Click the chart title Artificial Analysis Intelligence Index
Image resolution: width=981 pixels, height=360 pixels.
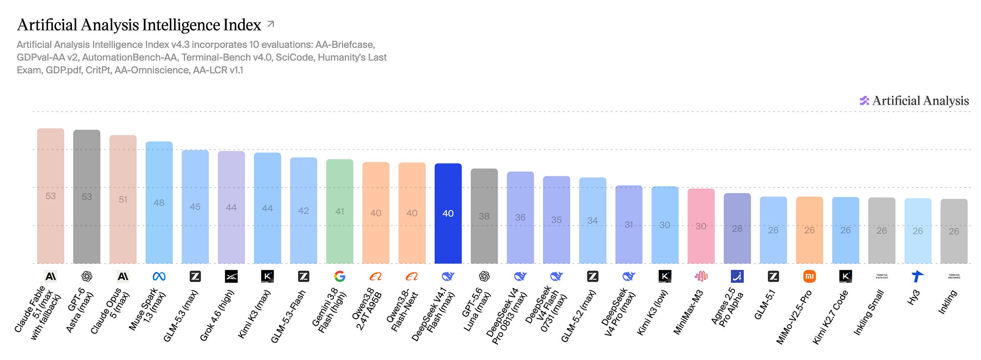(139, 25)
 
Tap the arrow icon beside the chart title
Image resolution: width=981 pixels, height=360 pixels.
(271, 24)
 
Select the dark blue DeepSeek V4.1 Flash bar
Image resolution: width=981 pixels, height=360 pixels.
(448, 213)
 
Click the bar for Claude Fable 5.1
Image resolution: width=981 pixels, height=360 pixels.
(51, 196)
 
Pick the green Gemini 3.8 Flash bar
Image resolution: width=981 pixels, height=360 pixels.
(340, 211)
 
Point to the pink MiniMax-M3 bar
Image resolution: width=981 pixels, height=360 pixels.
(701, 226)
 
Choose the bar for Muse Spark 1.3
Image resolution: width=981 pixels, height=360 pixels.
(159, 203)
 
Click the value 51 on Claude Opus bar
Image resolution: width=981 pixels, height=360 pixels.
(123, 199)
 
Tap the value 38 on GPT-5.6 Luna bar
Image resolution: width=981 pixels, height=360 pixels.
(484, 216)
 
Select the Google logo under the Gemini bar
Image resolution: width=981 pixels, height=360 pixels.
(340, 277)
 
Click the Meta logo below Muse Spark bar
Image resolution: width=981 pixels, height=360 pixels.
(159, 277)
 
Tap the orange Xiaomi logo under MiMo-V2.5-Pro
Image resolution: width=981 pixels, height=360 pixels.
(809, 277)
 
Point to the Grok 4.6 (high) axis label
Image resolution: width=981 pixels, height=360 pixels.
(217, 315)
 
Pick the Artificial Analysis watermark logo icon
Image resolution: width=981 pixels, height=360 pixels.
(864, 101)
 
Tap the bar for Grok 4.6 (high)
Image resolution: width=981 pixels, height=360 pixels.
(231, 208)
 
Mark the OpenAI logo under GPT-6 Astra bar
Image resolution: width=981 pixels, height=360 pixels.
(87, 277)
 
